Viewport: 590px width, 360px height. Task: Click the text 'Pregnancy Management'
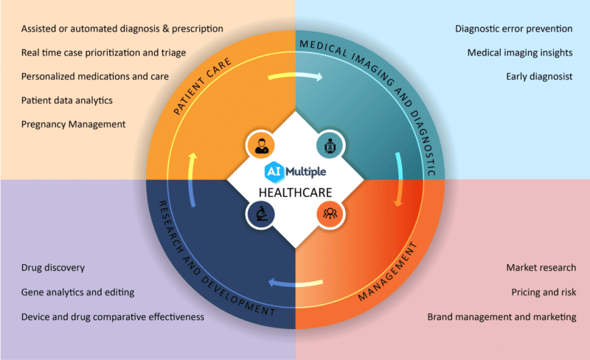[74, 124]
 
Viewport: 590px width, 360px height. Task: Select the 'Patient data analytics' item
[67, 100]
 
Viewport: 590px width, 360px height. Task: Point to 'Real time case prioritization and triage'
[103, 52]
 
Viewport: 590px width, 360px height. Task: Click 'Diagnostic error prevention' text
[514, 29]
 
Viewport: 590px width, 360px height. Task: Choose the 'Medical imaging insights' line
[520, 52]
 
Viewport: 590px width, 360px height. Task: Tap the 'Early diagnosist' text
[539, 76]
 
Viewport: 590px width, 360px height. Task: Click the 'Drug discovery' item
[53, 267]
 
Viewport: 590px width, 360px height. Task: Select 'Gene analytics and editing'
[77, 292]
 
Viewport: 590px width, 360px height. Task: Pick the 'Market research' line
[541, 267]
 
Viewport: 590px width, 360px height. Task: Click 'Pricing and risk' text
[544, 292]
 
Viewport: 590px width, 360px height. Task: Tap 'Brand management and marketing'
[502, 316]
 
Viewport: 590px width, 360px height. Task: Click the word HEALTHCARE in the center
[295, 193]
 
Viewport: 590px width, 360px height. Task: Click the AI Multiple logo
[295, 171]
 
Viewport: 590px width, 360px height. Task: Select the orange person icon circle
[261, 145]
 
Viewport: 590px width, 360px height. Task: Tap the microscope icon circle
[261, 214]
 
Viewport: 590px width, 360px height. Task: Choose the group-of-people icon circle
[329, 214]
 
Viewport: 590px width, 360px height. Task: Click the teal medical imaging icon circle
[329, 145]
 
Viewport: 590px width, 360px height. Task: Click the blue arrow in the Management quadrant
[295, 282]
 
